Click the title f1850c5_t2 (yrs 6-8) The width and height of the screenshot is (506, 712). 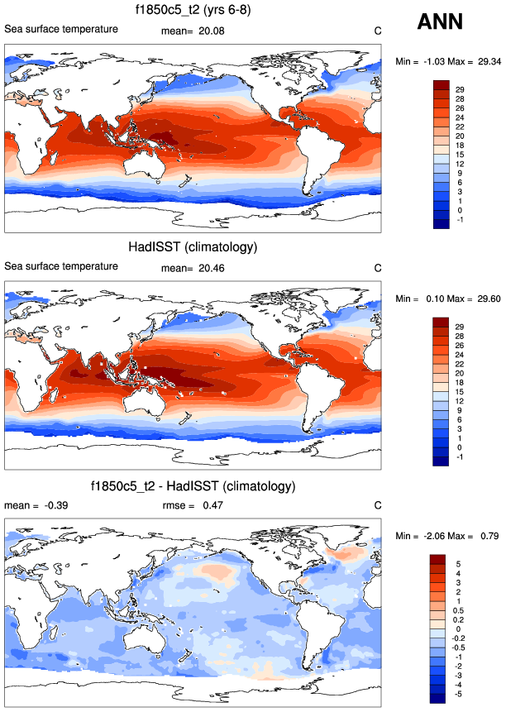[193, 11]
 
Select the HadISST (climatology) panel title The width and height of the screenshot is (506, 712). [193, 247]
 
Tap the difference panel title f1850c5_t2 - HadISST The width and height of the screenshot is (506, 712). [193, 485]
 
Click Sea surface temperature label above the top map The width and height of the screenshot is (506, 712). [61, 30]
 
